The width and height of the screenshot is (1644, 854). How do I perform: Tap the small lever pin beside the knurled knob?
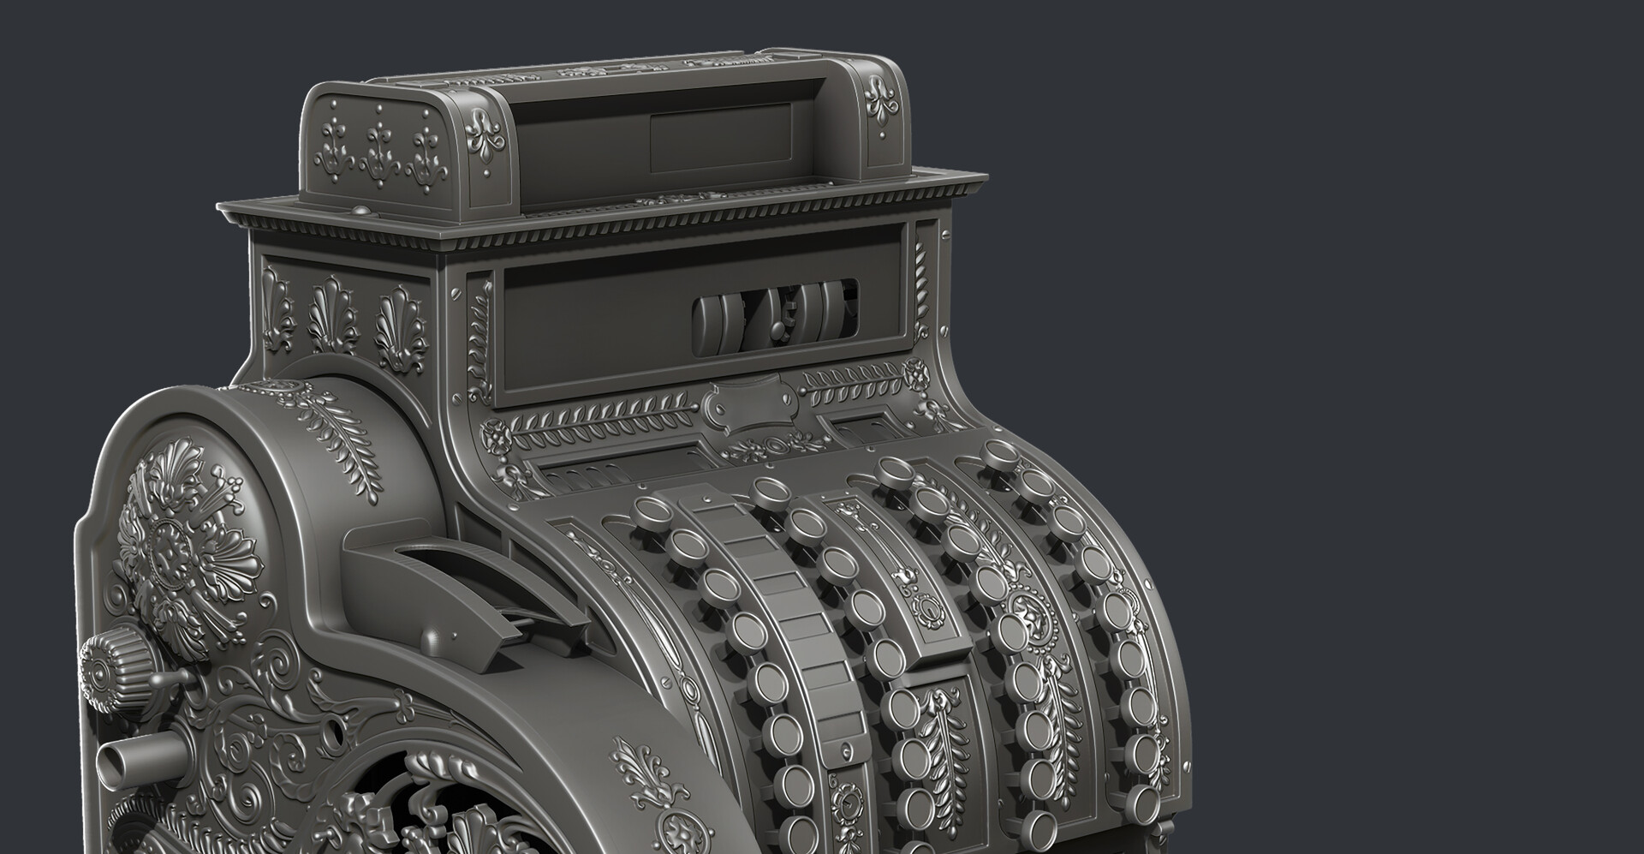[176, 678]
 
